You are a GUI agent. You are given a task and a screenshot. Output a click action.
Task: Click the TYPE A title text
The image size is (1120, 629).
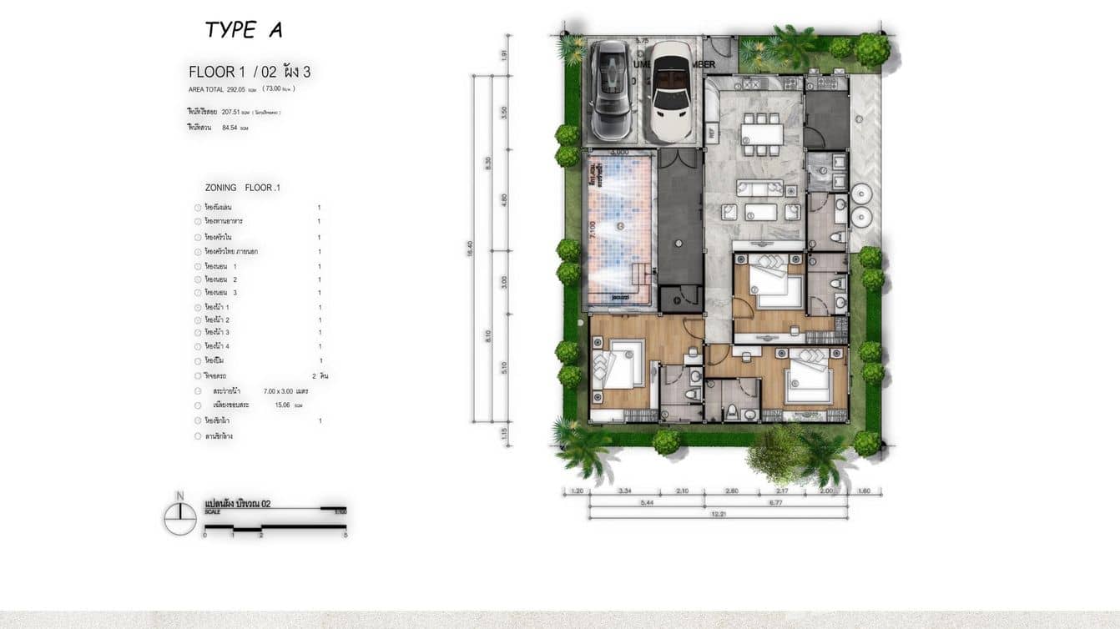[x=244, y=31]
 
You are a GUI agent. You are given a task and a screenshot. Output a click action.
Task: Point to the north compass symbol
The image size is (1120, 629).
[x=179, y=518]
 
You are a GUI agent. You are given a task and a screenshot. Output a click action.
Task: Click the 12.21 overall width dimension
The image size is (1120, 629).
[x=719, y=515]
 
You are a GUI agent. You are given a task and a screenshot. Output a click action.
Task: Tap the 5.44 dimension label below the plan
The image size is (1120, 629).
[x=647, y=503]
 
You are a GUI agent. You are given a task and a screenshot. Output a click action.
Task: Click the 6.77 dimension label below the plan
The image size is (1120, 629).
[x=776, y=503]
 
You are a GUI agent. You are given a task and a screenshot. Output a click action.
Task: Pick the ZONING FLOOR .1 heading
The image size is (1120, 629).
[x=242, y=188]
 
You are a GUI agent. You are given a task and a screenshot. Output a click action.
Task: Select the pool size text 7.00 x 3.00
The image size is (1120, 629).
[x=286, y=390]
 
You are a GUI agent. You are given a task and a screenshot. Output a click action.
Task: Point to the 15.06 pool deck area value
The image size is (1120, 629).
[x=282, y=405]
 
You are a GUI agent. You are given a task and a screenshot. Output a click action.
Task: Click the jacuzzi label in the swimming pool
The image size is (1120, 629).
[x=620, y=295]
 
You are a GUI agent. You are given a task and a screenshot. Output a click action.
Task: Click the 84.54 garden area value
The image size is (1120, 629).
[x=230, y=128]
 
